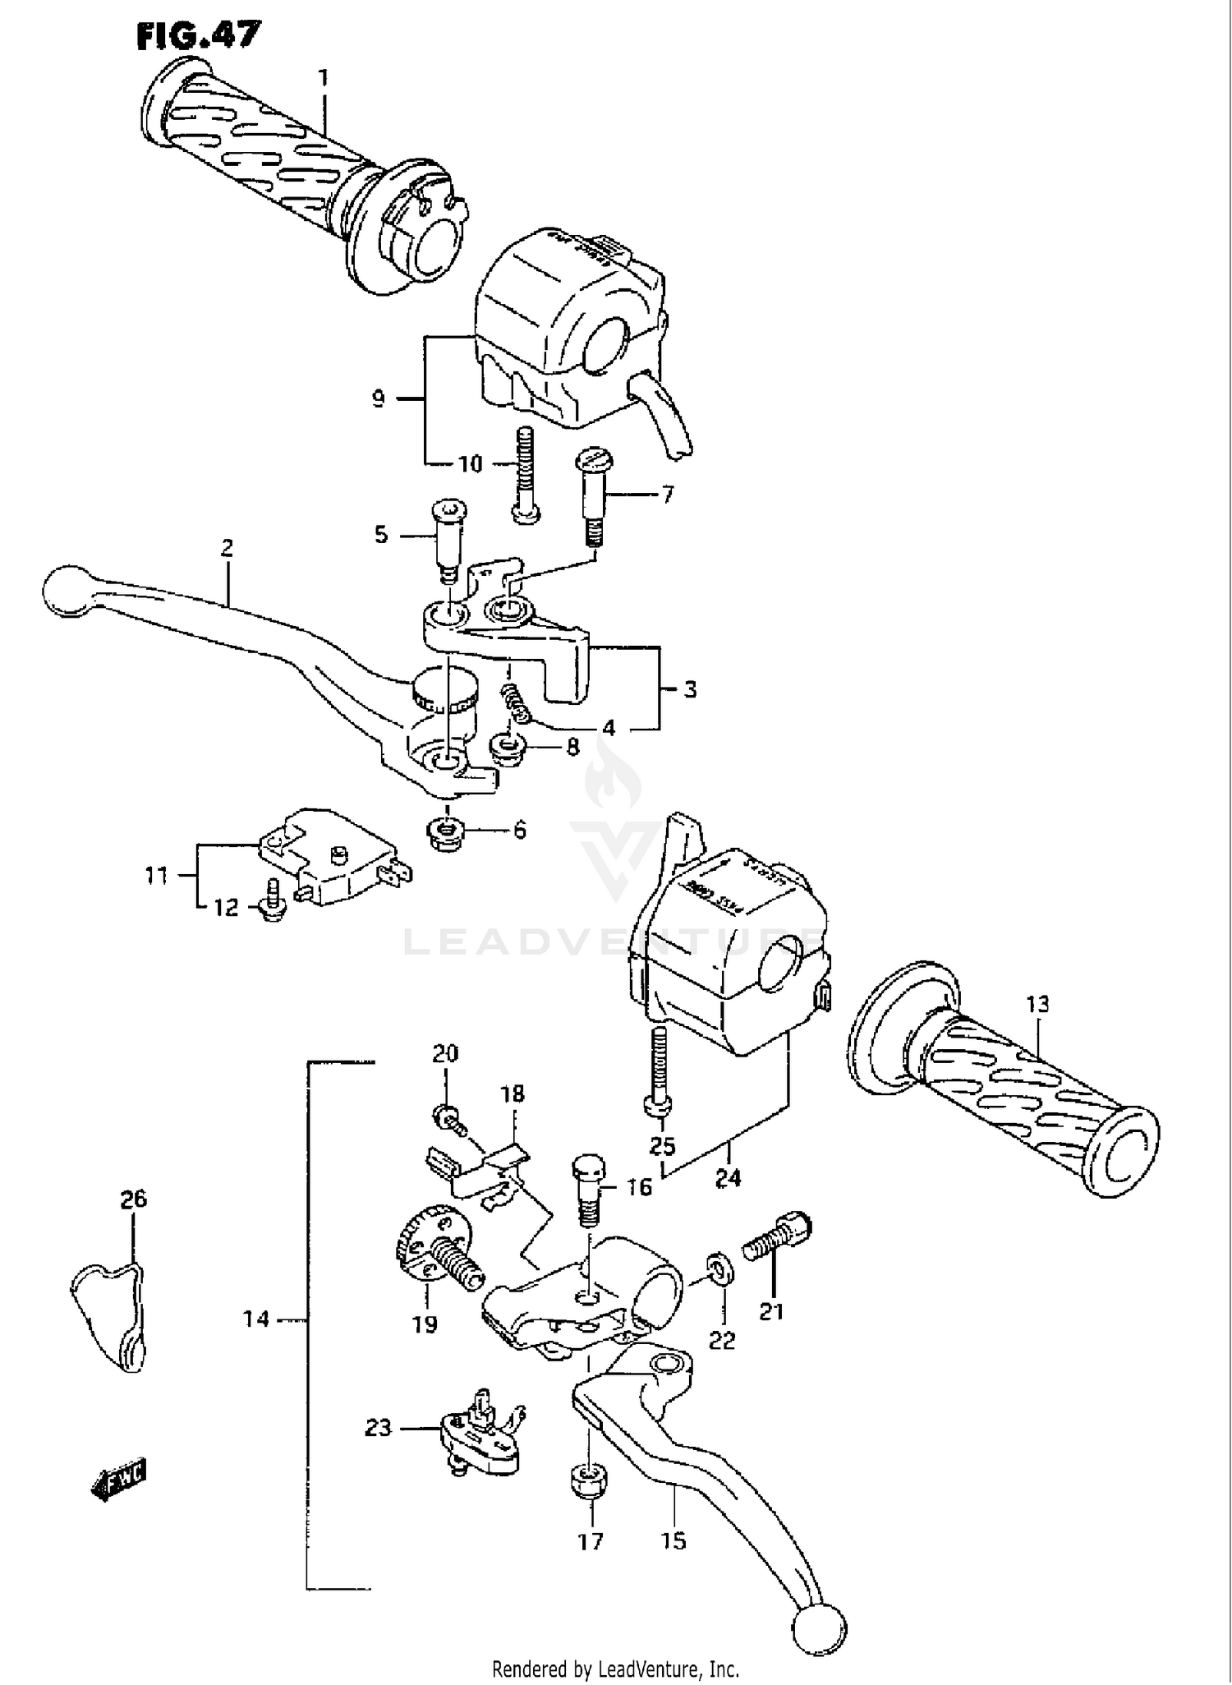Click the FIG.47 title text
198,35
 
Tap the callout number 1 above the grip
324,78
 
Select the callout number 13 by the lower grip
1037,1004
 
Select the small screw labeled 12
272,899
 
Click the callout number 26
134,1199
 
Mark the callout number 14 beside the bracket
255,1319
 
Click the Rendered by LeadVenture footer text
615,1669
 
